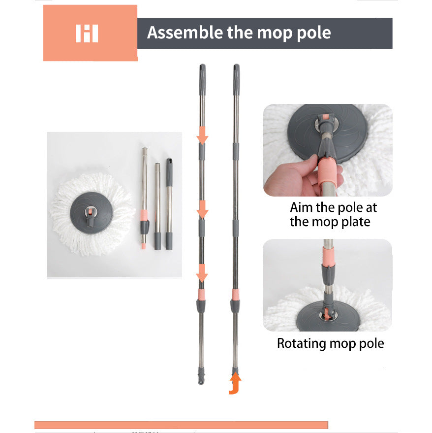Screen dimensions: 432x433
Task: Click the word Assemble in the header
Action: [185, 33]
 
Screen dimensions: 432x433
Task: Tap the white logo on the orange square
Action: [87, 33]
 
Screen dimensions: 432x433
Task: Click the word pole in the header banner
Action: [313, 33]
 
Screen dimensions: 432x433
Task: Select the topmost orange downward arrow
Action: [202, 135]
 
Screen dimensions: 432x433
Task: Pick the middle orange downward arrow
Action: [202, 209]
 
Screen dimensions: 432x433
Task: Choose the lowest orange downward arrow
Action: [202, 273]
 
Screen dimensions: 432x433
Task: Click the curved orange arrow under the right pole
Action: [235, 383]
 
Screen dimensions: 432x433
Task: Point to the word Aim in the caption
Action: [301, 207]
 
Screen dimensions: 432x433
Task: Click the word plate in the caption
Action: [356, 222]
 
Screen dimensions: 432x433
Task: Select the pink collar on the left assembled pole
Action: [201, 295]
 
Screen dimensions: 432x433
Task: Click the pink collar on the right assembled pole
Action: [235, 295]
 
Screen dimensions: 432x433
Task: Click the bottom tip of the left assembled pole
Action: [201, 383]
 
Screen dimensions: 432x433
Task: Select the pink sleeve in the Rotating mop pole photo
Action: [328, 256]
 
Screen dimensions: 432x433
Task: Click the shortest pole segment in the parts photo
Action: [169, 204]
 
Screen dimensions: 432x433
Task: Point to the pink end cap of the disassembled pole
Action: [144, 246]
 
